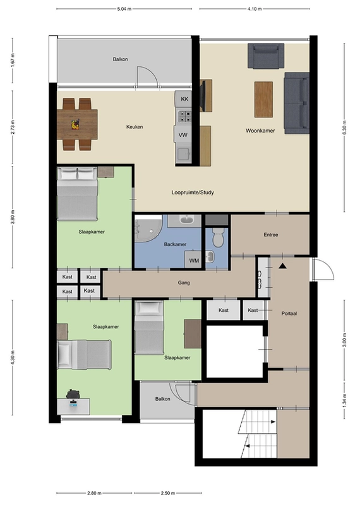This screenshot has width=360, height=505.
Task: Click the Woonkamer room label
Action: pyautogui.click(x=260, y=131)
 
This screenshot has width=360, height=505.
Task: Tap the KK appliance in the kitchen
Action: pyautogui.click(x=184, y=99)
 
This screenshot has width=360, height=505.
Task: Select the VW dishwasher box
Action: pyautogui.click(x=183, y=135)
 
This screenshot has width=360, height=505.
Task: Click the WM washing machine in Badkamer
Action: pyautogui.click(x=194, y=260)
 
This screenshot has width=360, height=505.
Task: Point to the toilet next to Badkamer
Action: pyautogui.click(x=218, y=237)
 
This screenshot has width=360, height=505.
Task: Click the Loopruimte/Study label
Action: pyautogui.click(x=193, y=193)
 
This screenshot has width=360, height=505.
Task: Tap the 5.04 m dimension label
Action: pyautogui.click(x=124, y=9)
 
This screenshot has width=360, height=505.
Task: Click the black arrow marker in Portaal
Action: pyautogui.click(x=283, y=266)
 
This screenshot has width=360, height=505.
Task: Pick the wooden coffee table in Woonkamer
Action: pyautogui.click(x=263, y=99)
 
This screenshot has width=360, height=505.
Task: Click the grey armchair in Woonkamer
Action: pyautogui.click(x=266, y=56)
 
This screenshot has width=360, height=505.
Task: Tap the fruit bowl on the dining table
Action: pyautogui.click(x=75, y=124)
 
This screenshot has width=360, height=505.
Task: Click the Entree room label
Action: pyautogui.click(x=271, y=235)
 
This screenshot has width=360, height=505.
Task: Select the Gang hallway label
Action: pyautogui.click(x=184, y=283)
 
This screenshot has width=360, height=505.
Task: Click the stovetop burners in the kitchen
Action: pyautogui.click(x=184, y=116)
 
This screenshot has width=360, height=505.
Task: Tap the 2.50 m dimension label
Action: pyautogui.click(x=168, y=493)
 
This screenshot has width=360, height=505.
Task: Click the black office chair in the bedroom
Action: pyautogui.click(x=73, y=394)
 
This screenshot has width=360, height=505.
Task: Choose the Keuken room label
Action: pyautogui.click(x=135, y=127)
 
